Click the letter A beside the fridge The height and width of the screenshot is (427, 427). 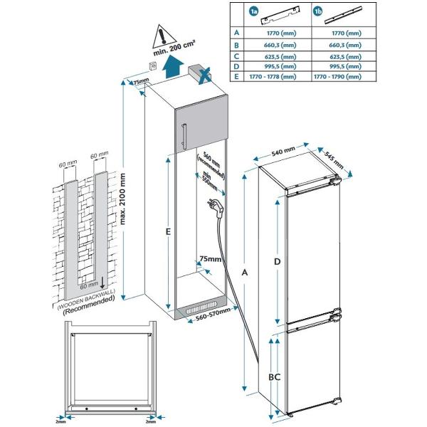coord(246,273)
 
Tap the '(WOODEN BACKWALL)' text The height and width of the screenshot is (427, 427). coord(85,300)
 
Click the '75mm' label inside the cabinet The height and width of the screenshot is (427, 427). coord(211,258)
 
